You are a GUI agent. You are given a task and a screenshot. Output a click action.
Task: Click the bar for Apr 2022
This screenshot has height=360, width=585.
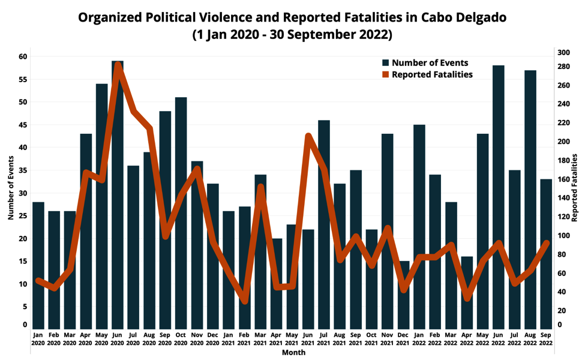(x=467, y=292)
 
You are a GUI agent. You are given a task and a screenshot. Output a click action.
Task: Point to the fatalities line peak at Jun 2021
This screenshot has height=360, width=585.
(x=308, y=137)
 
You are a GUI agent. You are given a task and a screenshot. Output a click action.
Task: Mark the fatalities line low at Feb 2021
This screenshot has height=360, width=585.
(x=245, y=300)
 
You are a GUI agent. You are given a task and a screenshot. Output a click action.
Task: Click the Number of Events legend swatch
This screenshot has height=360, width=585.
(x=386, y=63)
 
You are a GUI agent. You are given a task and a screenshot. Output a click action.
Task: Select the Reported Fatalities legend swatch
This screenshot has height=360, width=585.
(x=386, y=75)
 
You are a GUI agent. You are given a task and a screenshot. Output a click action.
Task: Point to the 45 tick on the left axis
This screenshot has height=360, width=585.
(x=23, y=125)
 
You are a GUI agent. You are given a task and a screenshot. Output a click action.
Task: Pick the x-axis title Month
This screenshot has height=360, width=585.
(x=293, y=353)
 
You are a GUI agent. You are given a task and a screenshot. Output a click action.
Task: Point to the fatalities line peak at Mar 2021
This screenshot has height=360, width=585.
(x=261, y=187)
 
